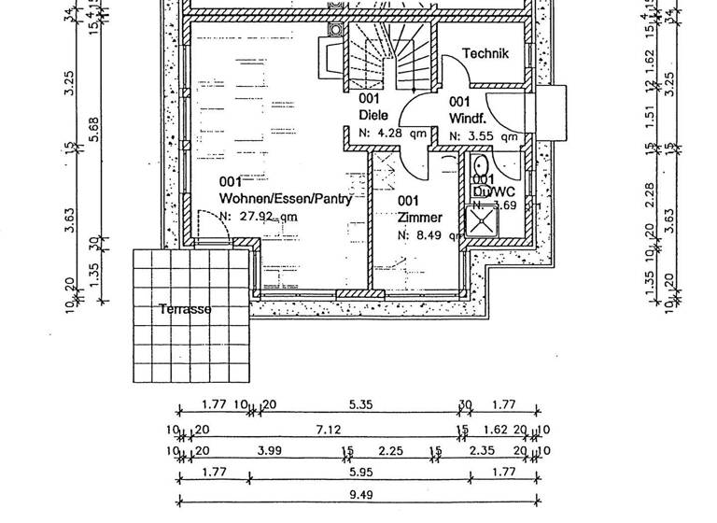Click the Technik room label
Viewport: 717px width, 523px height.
click(x=485, y=54)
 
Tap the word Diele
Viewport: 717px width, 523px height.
click(x=373, y=116)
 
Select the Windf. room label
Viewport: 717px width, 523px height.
click(x=466, y=119)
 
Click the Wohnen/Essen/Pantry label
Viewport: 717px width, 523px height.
click(x=272, y=198)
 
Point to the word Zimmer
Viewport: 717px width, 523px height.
click(x=419, y=218)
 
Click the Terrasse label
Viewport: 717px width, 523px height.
click(x=184, y=309)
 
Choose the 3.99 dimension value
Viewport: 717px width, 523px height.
click(x=269, y=451)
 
